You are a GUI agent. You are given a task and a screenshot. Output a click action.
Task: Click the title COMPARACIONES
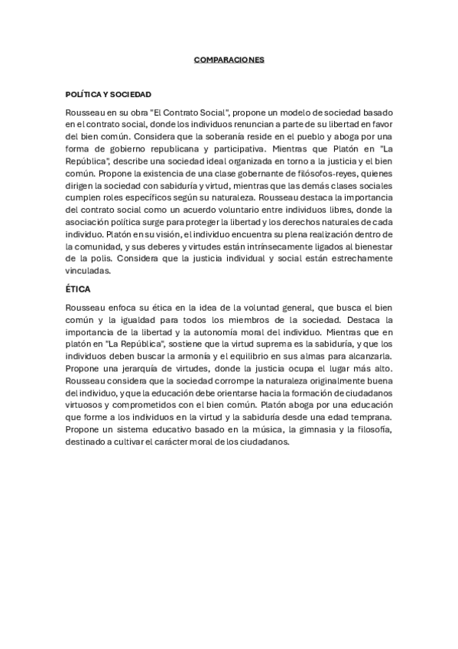229,60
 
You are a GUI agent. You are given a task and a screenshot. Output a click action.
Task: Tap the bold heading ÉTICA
79,290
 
